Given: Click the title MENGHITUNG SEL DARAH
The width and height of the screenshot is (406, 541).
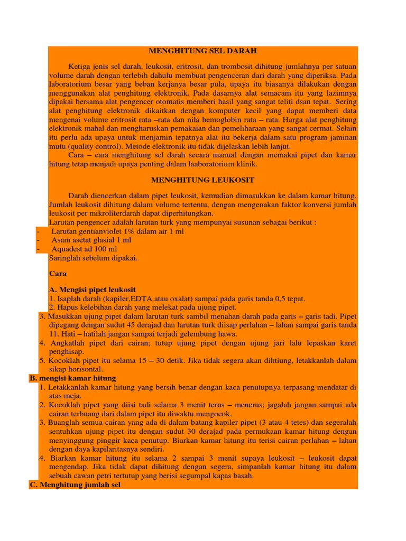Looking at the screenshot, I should (202, 51).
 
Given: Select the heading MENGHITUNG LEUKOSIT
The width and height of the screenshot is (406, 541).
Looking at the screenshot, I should (202, 180).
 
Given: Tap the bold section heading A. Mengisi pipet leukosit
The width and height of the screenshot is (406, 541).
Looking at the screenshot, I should (92, 290).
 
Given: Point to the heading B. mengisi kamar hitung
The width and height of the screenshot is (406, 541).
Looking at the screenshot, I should (72, 378).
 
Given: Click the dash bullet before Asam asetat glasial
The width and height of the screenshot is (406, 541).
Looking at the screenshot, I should (38, 240).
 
